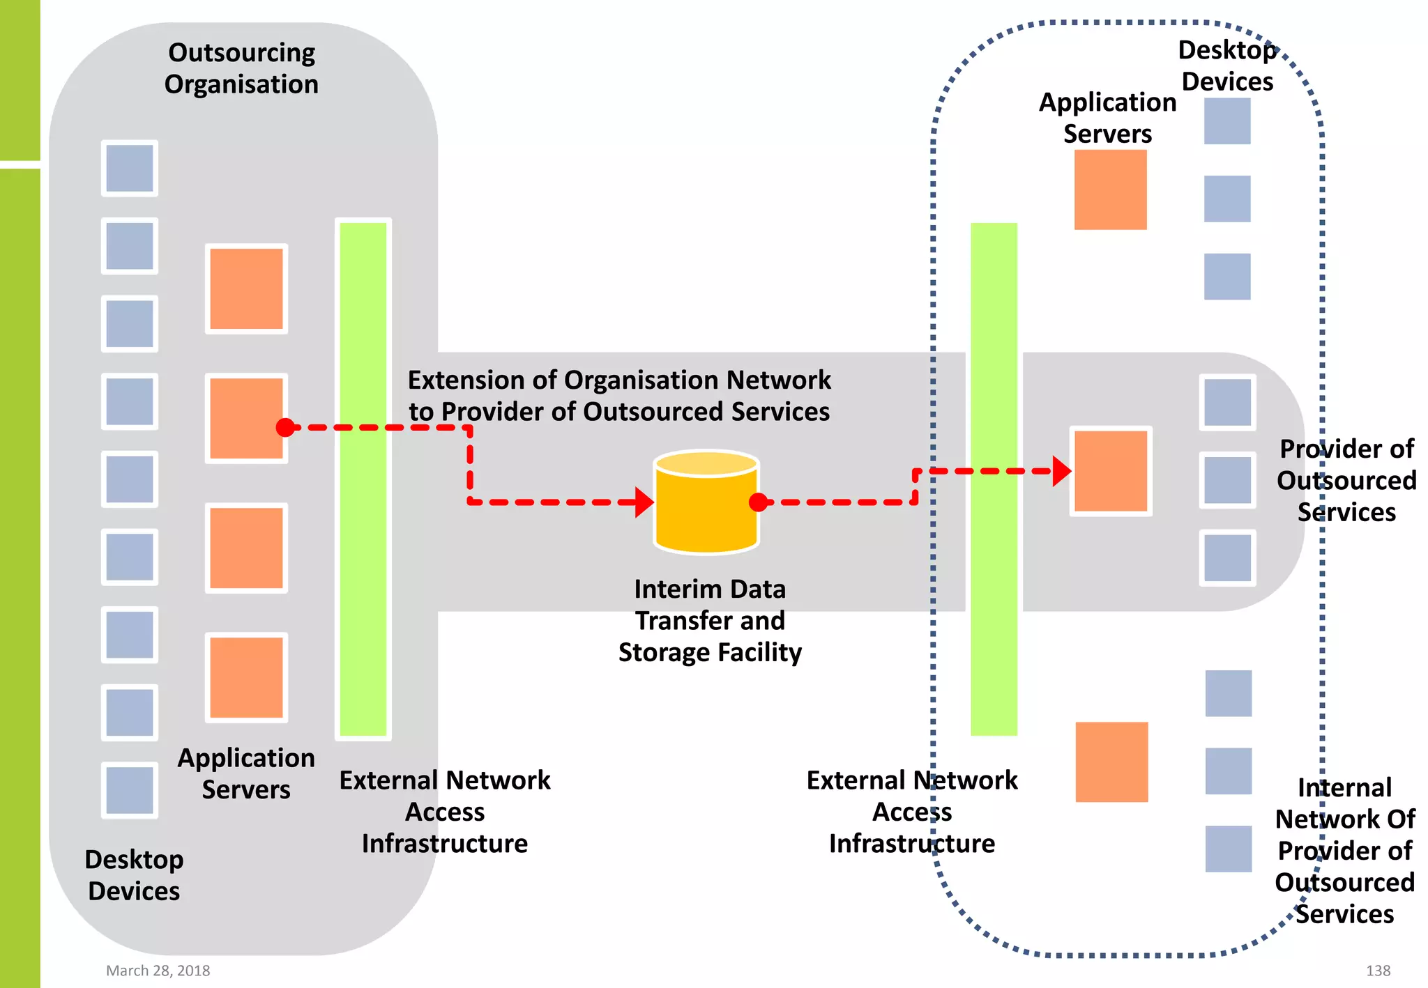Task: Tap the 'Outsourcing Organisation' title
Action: (241, 68)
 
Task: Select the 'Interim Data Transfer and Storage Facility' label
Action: (710, 620)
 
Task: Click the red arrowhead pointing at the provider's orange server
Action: (1061, 471)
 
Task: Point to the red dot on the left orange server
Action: (285, 427)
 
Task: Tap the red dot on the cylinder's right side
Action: (758, 502)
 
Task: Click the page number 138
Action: (1378, 971)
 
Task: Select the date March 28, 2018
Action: (158, 971)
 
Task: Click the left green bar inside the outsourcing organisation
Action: (363, 479)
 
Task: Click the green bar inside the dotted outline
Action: (994, 479)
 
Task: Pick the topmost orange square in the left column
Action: (246, 288)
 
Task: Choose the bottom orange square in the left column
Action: (246, 677)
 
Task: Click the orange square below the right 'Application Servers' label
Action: (1110, 190)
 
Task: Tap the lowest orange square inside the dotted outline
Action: (1111, 762)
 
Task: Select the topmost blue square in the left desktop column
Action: (130, 169)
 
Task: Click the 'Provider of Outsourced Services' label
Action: (1346, 480)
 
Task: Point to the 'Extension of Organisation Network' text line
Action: (619, 380)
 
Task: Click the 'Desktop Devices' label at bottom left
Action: (134, 875)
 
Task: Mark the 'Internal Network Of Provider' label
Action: (1344, 850)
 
